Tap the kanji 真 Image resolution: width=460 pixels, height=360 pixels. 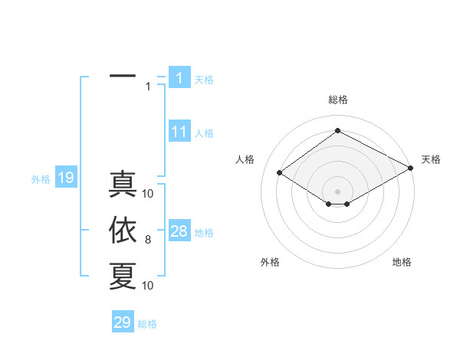pyautogui.click(x=123, y=185)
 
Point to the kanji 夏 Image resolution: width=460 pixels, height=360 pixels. pyautogui.click(x=123, y=276)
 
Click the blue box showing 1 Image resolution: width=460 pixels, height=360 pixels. pyautogui.click(x=179, y=77)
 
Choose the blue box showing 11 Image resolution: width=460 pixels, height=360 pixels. pyautogui.click(x=179, y=132)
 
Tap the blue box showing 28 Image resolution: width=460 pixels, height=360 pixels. pyautogui.click(x=179, y=231)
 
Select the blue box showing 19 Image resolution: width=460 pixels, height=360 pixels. pyautogui.click(x=66, y=178)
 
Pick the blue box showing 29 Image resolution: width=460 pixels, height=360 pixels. pyautogui.click(x=123, y=322)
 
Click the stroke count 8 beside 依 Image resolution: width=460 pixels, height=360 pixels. pyautogui.click(x=148, y=241)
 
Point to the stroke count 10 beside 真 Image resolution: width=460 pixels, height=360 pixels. pyautogui.click(x=149, y=193)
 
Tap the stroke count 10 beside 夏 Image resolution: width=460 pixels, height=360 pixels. pyautogui.click(x=149, y=285)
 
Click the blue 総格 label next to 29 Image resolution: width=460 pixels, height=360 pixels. pyautogui.click(x=147, y=324)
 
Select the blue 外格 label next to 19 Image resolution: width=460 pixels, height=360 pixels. pyautogui.click(x=41, y=179)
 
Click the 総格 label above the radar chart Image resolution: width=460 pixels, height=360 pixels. pyautogui.click(x=338, y=100)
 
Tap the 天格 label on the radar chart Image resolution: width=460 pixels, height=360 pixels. pyautogui.click(x=431, y=159)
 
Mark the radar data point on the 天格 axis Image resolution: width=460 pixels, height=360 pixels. pyautogui.click(x=411, y=169)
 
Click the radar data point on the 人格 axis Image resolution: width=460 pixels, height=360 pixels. pyautogui.click(x=280, y=173)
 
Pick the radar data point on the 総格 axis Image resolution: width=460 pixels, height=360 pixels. pyautogui.click(x=337, y=131)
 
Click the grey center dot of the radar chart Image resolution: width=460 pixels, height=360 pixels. pyautogui.click(x=337, y=190)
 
